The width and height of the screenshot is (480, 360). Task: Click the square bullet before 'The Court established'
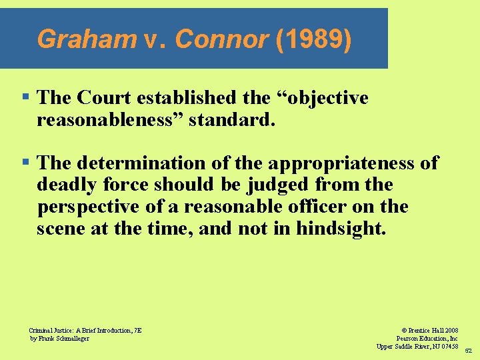point(25,97)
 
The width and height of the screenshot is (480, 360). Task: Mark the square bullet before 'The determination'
point(25,163)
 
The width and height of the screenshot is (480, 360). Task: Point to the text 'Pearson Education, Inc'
point(427,338)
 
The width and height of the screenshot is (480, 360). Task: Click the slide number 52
point(468,351)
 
